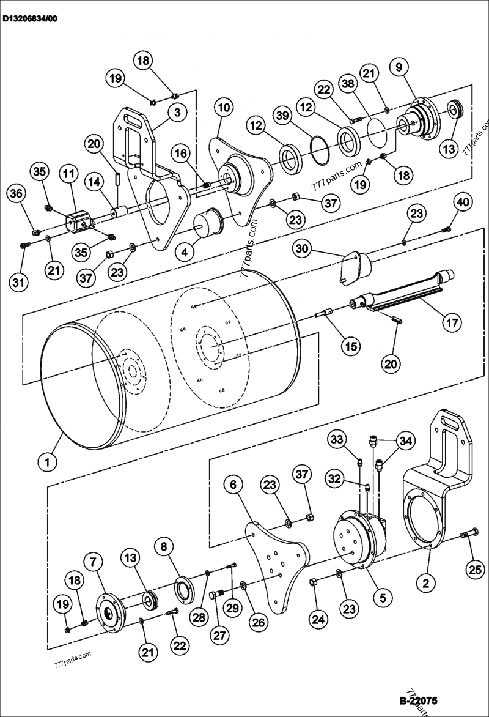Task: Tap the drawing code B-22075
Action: [418, 700]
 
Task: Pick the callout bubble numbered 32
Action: [334, 477]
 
